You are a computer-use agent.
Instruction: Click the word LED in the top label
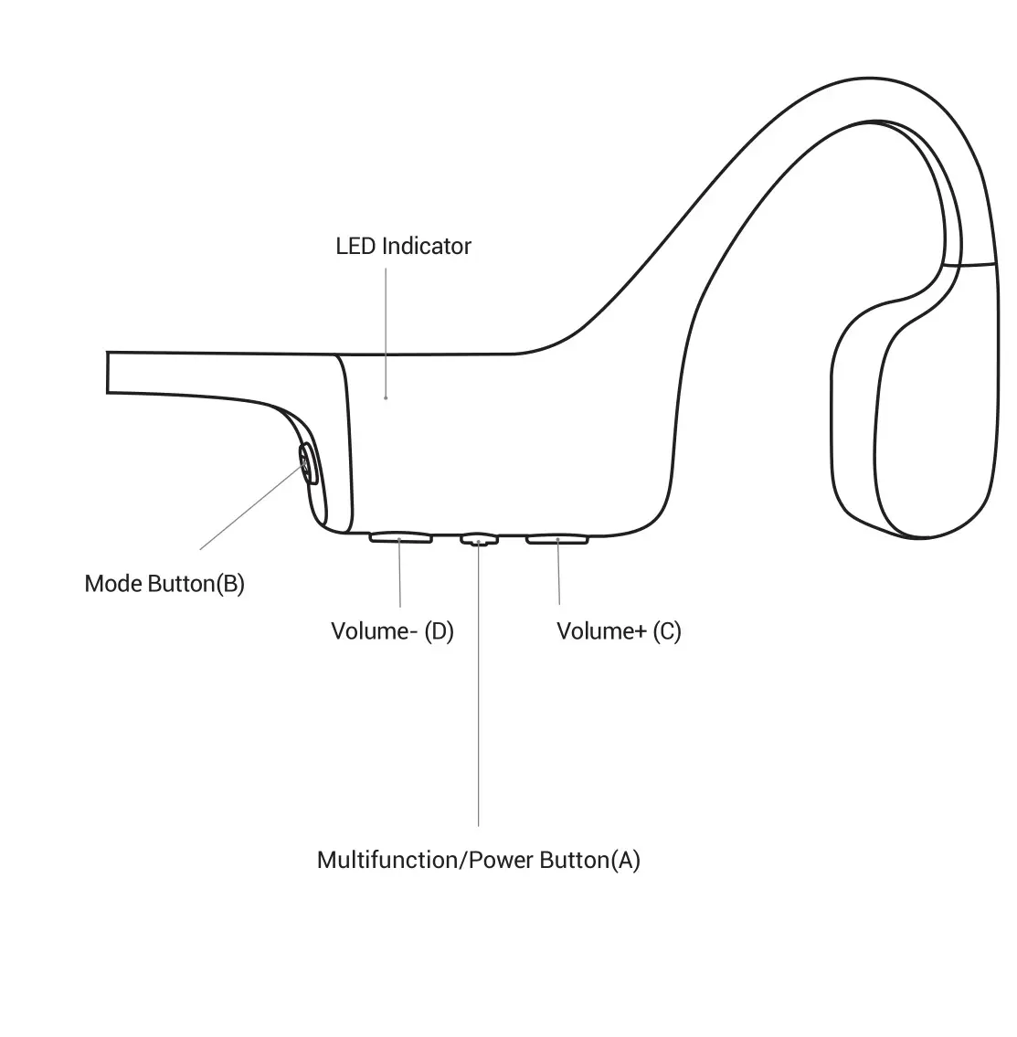point(355,247)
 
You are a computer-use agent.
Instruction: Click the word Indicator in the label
point(426,247)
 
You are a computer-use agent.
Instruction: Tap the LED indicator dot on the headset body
point(386,397)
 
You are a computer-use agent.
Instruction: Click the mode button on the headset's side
point(308,463)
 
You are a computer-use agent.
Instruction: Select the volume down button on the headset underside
point(400,537)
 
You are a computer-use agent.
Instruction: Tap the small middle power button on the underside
point(478,539)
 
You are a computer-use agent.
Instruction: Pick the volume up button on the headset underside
point(557,538)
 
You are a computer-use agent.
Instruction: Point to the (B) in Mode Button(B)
point(230,584)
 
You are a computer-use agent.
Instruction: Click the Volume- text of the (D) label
point(371,631)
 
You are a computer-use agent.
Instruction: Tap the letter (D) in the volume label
point(440,631)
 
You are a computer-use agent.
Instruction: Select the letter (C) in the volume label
point(667,631)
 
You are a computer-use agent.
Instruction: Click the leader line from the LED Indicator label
point(386,329)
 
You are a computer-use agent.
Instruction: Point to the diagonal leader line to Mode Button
point(251,508)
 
